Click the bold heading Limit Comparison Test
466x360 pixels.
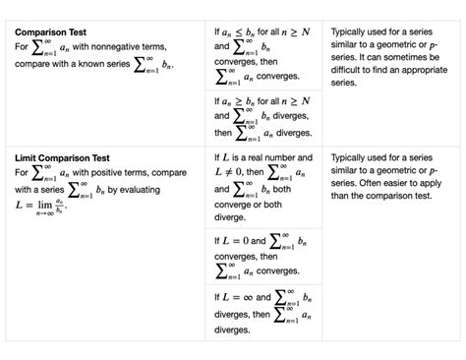coord(61,157)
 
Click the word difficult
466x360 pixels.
coord(350,71)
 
